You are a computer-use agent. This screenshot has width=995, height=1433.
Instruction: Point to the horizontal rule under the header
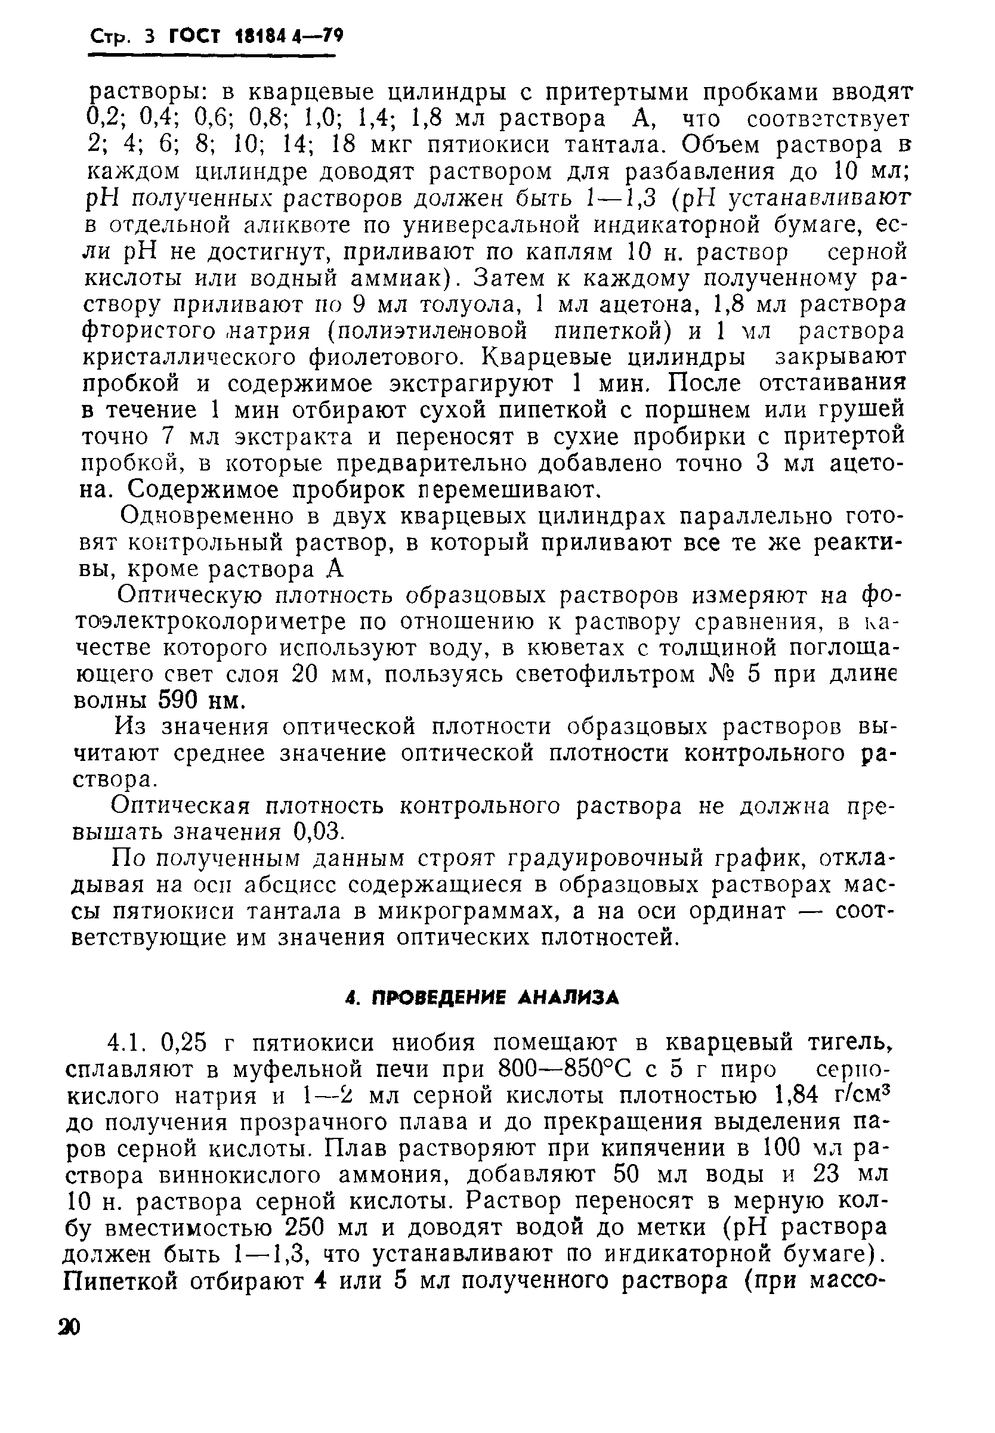[x=211, y=56]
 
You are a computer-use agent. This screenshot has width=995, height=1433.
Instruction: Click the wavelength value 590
[x=179, y=701]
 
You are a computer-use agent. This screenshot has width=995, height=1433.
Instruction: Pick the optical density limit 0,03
[x=318, y=831]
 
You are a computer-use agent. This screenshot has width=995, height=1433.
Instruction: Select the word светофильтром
[x=599, y=674]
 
